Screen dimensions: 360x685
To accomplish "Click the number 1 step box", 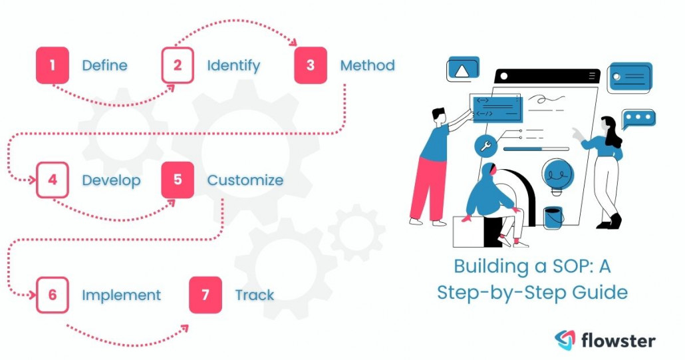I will point(52,66).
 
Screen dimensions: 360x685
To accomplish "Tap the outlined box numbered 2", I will point(178,66).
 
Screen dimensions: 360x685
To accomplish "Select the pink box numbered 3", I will point(311,66).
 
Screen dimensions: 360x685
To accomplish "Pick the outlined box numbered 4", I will point(52,180).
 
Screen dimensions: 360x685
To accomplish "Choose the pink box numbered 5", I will point(178,180).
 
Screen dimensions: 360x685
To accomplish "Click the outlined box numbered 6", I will point(52,295).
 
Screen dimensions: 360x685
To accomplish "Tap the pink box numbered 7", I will point(205,295).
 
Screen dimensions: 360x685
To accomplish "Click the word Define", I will point(104,66).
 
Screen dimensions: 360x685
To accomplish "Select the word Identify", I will point(233,66).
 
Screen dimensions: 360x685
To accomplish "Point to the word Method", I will point(367,66).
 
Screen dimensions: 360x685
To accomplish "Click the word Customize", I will point(245,180).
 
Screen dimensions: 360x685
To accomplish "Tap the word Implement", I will point(121,295).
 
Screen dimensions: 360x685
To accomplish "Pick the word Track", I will point(254,295).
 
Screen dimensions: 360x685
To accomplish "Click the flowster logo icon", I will point(565,340).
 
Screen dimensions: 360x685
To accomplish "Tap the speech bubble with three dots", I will point(638,119).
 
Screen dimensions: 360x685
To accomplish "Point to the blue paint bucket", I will point(553,217).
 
